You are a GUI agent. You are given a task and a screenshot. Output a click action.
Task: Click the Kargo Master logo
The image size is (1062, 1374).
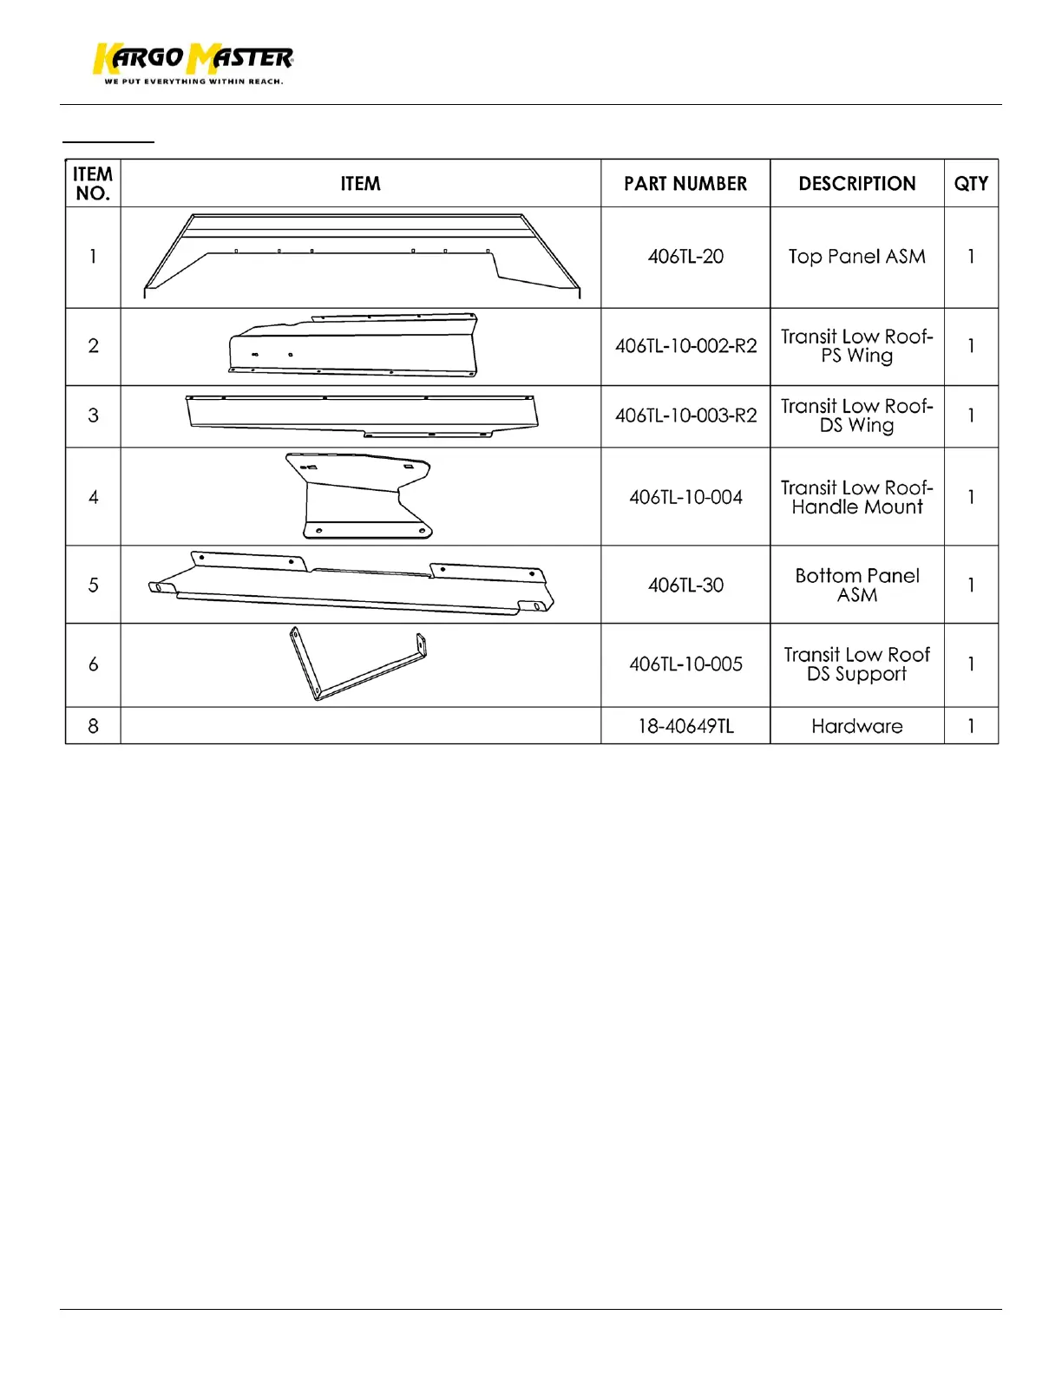click(193, 59)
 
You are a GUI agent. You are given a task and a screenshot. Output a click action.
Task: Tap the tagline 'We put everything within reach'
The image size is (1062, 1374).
click(193, 82)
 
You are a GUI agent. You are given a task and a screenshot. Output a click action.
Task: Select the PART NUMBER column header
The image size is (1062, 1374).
click(685, 184)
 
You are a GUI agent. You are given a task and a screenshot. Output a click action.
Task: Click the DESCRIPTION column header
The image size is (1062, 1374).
click(857, 184)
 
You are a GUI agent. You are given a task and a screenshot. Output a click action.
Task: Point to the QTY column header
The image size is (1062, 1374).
click(971, 184)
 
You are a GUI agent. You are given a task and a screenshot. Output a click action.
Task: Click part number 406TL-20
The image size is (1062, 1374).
click(685, 257)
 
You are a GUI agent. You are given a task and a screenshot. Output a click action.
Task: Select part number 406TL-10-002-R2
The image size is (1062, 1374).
click(685, 346)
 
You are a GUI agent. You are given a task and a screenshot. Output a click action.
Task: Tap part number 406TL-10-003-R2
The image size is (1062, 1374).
click(685, 415)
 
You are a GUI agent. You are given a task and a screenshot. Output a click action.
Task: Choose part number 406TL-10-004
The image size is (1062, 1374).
click(685, 498)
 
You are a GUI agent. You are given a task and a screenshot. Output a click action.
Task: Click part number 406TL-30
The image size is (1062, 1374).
click(685, 586)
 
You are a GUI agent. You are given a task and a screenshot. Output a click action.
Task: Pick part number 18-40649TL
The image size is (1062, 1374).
click(685, 726)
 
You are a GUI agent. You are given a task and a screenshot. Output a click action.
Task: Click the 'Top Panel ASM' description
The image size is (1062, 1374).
click(857, 257)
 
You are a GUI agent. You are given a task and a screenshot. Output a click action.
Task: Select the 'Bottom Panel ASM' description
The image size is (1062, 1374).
click(857, 586)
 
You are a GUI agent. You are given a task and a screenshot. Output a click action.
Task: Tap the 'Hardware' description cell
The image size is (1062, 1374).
click(857, 726)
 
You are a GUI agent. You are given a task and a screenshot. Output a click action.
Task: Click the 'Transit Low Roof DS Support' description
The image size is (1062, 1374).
click(857, 664)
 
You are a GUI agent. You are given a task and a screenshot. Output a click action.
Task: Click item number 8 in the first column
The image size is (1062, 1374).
click(93, 726)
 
